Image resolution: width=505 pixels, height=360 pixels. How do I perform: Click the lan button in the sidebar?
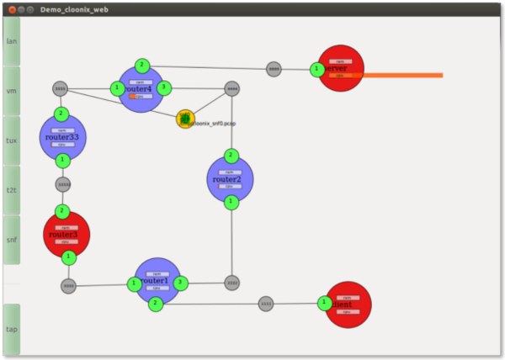[x=12, y=40]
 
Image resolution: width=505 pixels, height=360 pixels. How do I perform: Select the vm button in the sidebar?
[x=12, y=90]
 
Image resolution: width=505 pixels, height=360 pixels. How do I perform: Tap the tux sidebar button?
[x=12, y=140]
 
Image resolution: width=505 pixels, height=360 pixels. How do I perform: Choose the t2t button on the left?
[x=12, y=189]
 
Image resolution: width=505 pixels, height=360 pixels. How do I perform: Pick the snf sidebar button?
[x=12, y=239]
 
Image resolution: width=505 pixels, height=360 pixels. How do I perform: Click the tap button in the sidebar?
[x=12, y=329]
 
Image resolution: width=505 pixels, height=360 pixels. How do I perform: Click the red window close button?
[x=10, y=8]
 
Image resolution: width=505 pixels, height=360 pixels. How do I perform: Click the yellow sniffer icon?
[x=185, y=119]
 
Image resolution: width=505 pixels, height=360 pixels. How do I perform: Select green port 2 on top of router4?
[x=142, y=65]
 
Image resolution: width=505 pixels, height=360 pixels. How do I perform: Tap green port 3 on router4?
[x=164, y=87]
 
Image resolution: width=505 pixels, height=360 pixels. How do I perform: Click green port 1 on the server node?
[x=317, y=69]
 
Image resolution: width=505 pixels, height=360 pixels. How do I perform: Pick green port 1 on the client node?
[x=324, y=303]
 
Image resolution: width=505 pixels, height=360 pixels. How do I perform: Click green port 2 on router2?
[x=231, y=156]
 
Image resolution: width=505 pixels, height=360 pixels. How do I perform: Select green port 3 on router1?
[x=180, y=283]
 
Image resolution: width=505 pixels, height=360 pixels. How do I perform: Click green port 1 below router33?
[x=62, y=160]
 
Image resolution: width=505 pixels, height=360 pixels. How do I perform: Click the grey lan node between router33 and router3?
[x=63, y=184]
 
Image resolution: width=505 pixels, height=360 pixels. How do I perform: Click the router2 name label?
[x=227, y=179]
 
